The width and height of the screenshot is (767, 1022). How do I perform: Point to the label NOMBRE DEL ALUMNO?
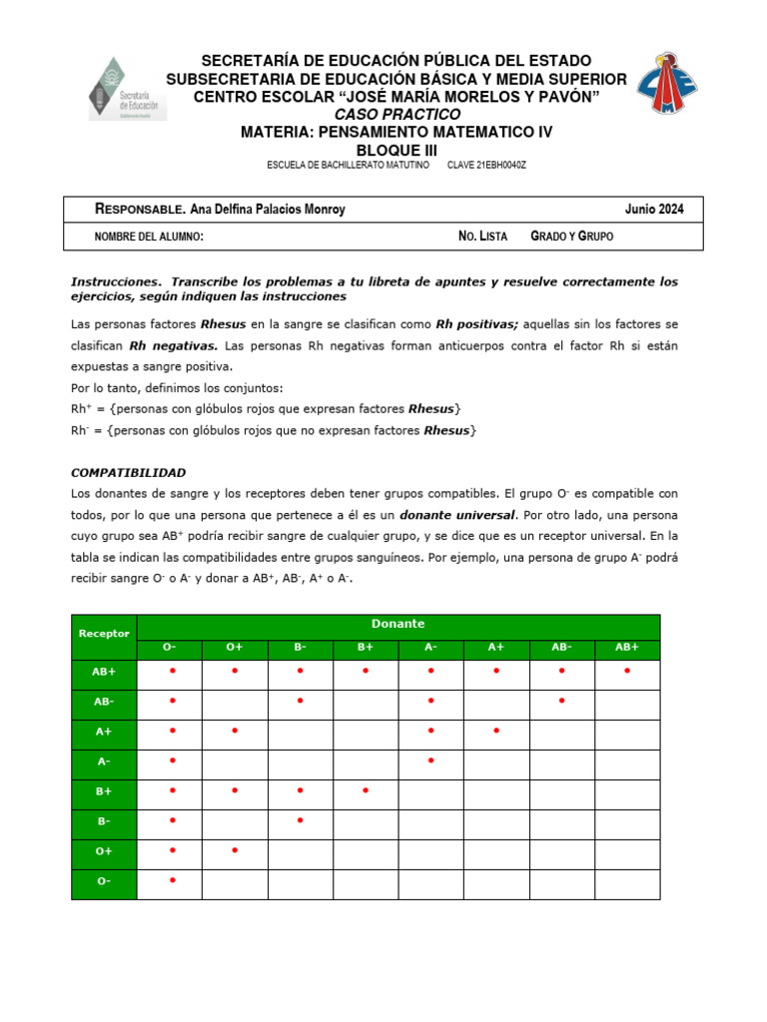tap(149, 237)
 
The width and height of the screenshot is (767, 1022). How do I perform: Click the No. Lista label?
tap(482, 237)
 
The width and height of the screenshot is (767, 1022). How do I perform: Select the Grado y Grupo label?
tap(571, 237)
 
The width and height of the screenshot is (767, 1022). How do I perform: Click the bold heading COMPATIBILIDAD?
tap(128, 472)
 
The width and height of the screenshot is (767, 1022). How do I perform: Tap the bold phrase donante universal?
tap(456, 515)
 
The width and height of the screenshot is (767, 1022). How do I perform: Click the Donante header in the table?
tap(397, 624)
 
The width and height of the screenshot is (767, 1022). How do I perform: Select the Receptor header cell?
tap(104, 634)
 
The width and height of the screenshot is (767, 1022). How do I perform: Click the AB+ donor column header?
tap(626, 648)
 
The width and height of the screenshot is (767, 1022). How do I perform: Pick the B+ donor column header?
tap(366, 648)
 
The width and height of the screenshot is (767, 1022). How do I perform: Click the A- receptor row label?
tap(104, 762)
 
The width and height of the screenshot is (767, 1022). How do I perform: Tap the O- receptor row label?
tap(104, 882)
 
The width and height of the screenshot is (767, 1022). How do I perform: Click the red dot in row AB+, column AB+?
tap(626, 671)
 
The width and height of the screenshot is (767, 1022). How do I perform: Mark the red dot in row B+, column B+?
tap(366, 791)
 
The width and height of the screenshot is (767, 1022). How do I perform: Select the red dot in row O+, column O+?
tap(235, 851)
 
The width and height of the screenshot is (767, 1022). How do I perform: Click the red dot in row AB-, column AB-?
tap(561, 701)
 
